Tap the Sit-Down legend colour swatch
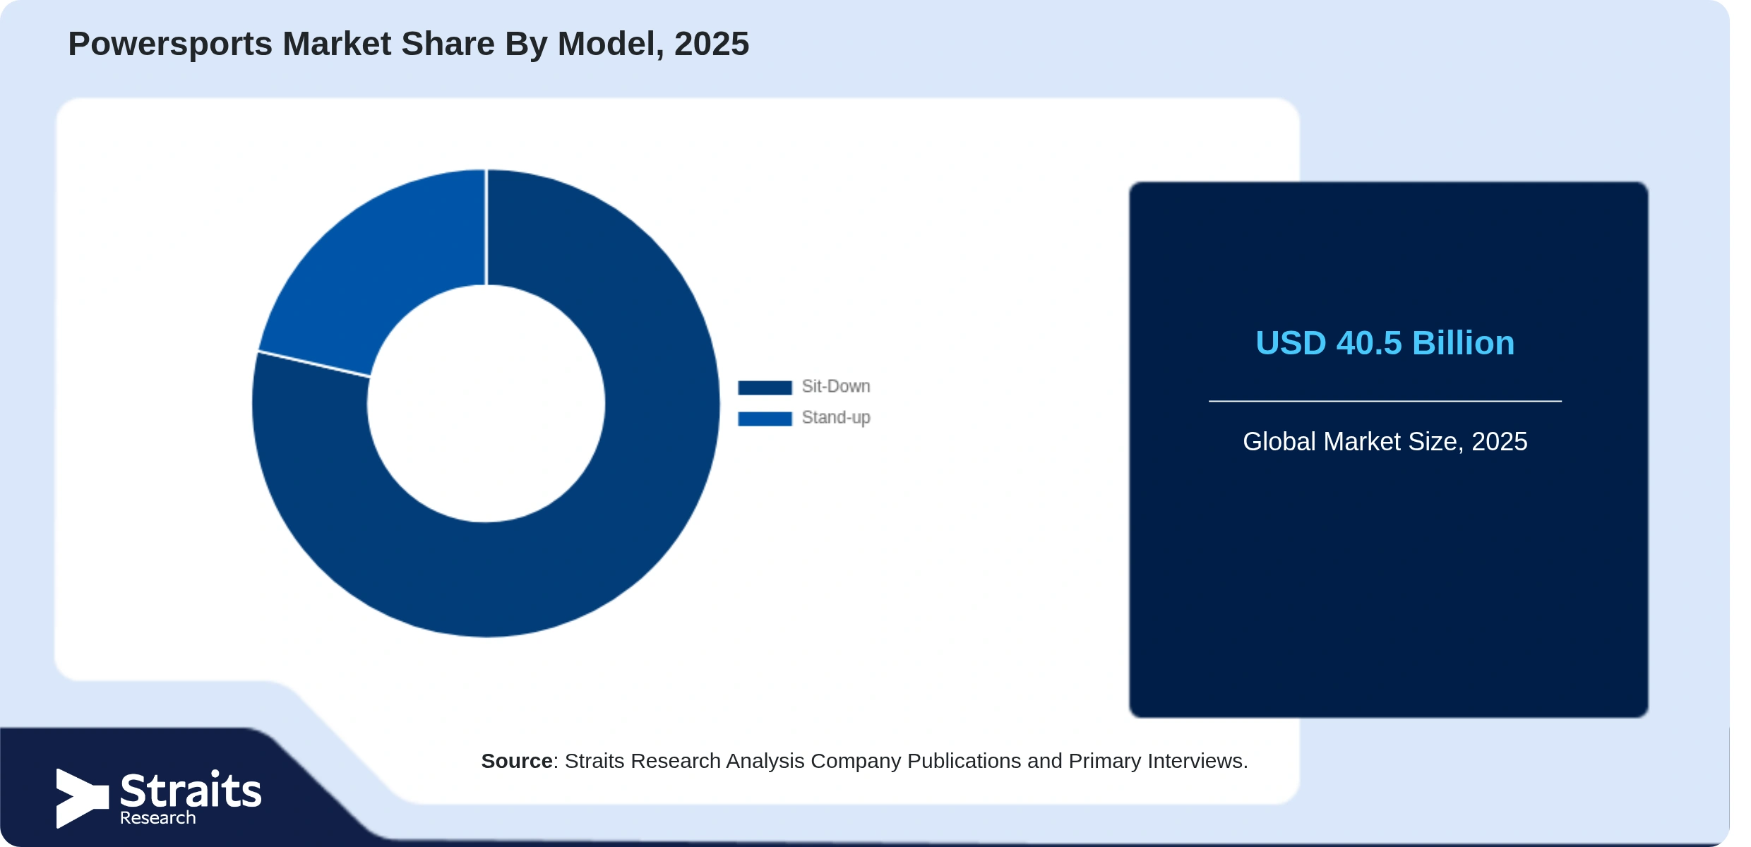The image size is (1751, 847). click(765, 388)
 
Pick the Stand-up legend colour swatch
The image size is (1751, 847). click(765, 419)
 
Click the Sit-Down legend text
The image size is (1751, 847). click(836, 387)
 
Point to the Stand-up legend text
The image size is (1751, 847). click(836, 418)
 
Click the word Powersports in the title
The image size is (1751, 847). click(170, 44)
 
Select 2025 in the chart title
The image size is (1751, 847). click(712, 44)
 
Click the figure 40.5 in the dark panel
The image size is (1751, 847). click(1369, 343)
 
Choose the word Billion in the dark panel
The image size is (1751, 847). click(1464, 343)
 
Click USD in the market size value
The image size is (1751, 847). click(1291, 343)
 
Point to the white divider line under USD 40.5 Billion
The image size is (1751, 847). click(1385, 401)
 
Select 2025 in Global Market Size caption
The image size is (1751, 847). click(1500, 442)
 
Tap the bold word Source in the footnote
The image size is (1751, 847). click(517, 761)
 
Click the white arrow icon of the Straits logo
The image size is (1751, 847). click(83, 798)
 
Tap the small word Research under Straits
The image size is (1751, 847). click(158, 818)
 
